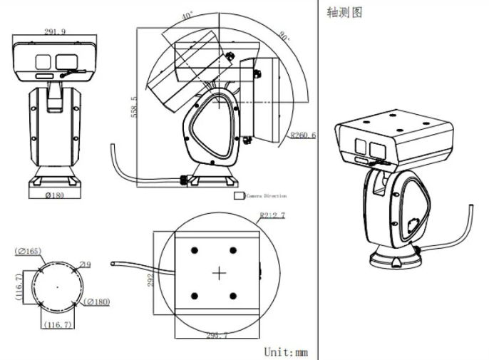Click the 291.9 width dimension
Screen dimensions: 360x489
54,31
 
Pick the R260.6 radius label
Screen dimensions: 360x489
304,135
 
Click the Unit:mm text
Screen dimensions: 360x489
286,351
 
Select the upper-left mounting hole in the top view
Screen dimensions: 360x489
195,249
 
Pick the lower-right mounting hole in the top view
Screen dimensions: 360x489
232,296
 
